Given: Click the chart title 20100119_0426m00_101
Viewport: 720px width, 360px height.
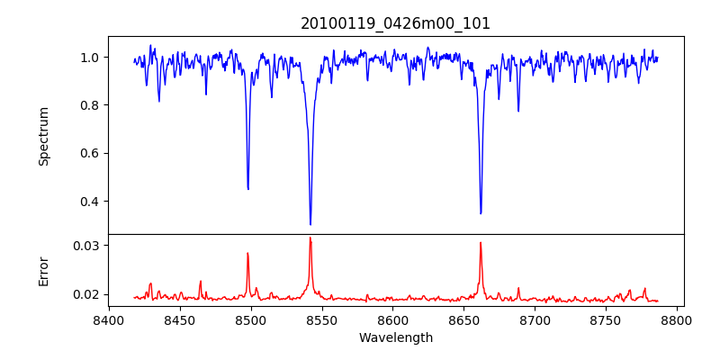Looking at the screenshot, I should pyautogui.click(x=395, y=23).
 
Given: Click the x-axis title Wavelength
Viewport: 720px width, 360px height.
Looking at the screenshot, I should pyautogui.click(x=395, y=337).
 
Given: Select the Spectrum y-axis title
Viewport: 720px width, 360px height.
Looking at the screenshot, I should pyautogui.click(x=43, y=136).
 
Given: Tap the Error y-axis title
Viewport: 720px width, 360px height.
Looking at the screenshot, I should pyautogui.click(x=43, y=271).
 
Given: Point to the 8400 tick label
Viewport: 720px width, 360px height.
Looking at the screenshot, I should pyautogui.click(x=109, y=319).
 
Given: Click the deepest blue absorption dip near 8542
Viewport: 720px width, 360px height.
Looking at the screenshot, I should pyautogui.click(x=310, y=223).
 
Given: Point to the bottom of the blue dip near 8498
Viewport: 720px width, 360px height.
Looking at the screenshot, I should pyautogui.click(x=248, y=188).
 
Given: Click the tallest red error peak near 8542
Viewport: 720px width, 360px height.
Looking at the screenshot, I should pyautogui.click(x=310, y=238).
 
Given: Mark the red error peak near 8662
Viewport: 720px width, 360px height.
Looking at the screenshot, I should pyautogui.click(x=481, y=243).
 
